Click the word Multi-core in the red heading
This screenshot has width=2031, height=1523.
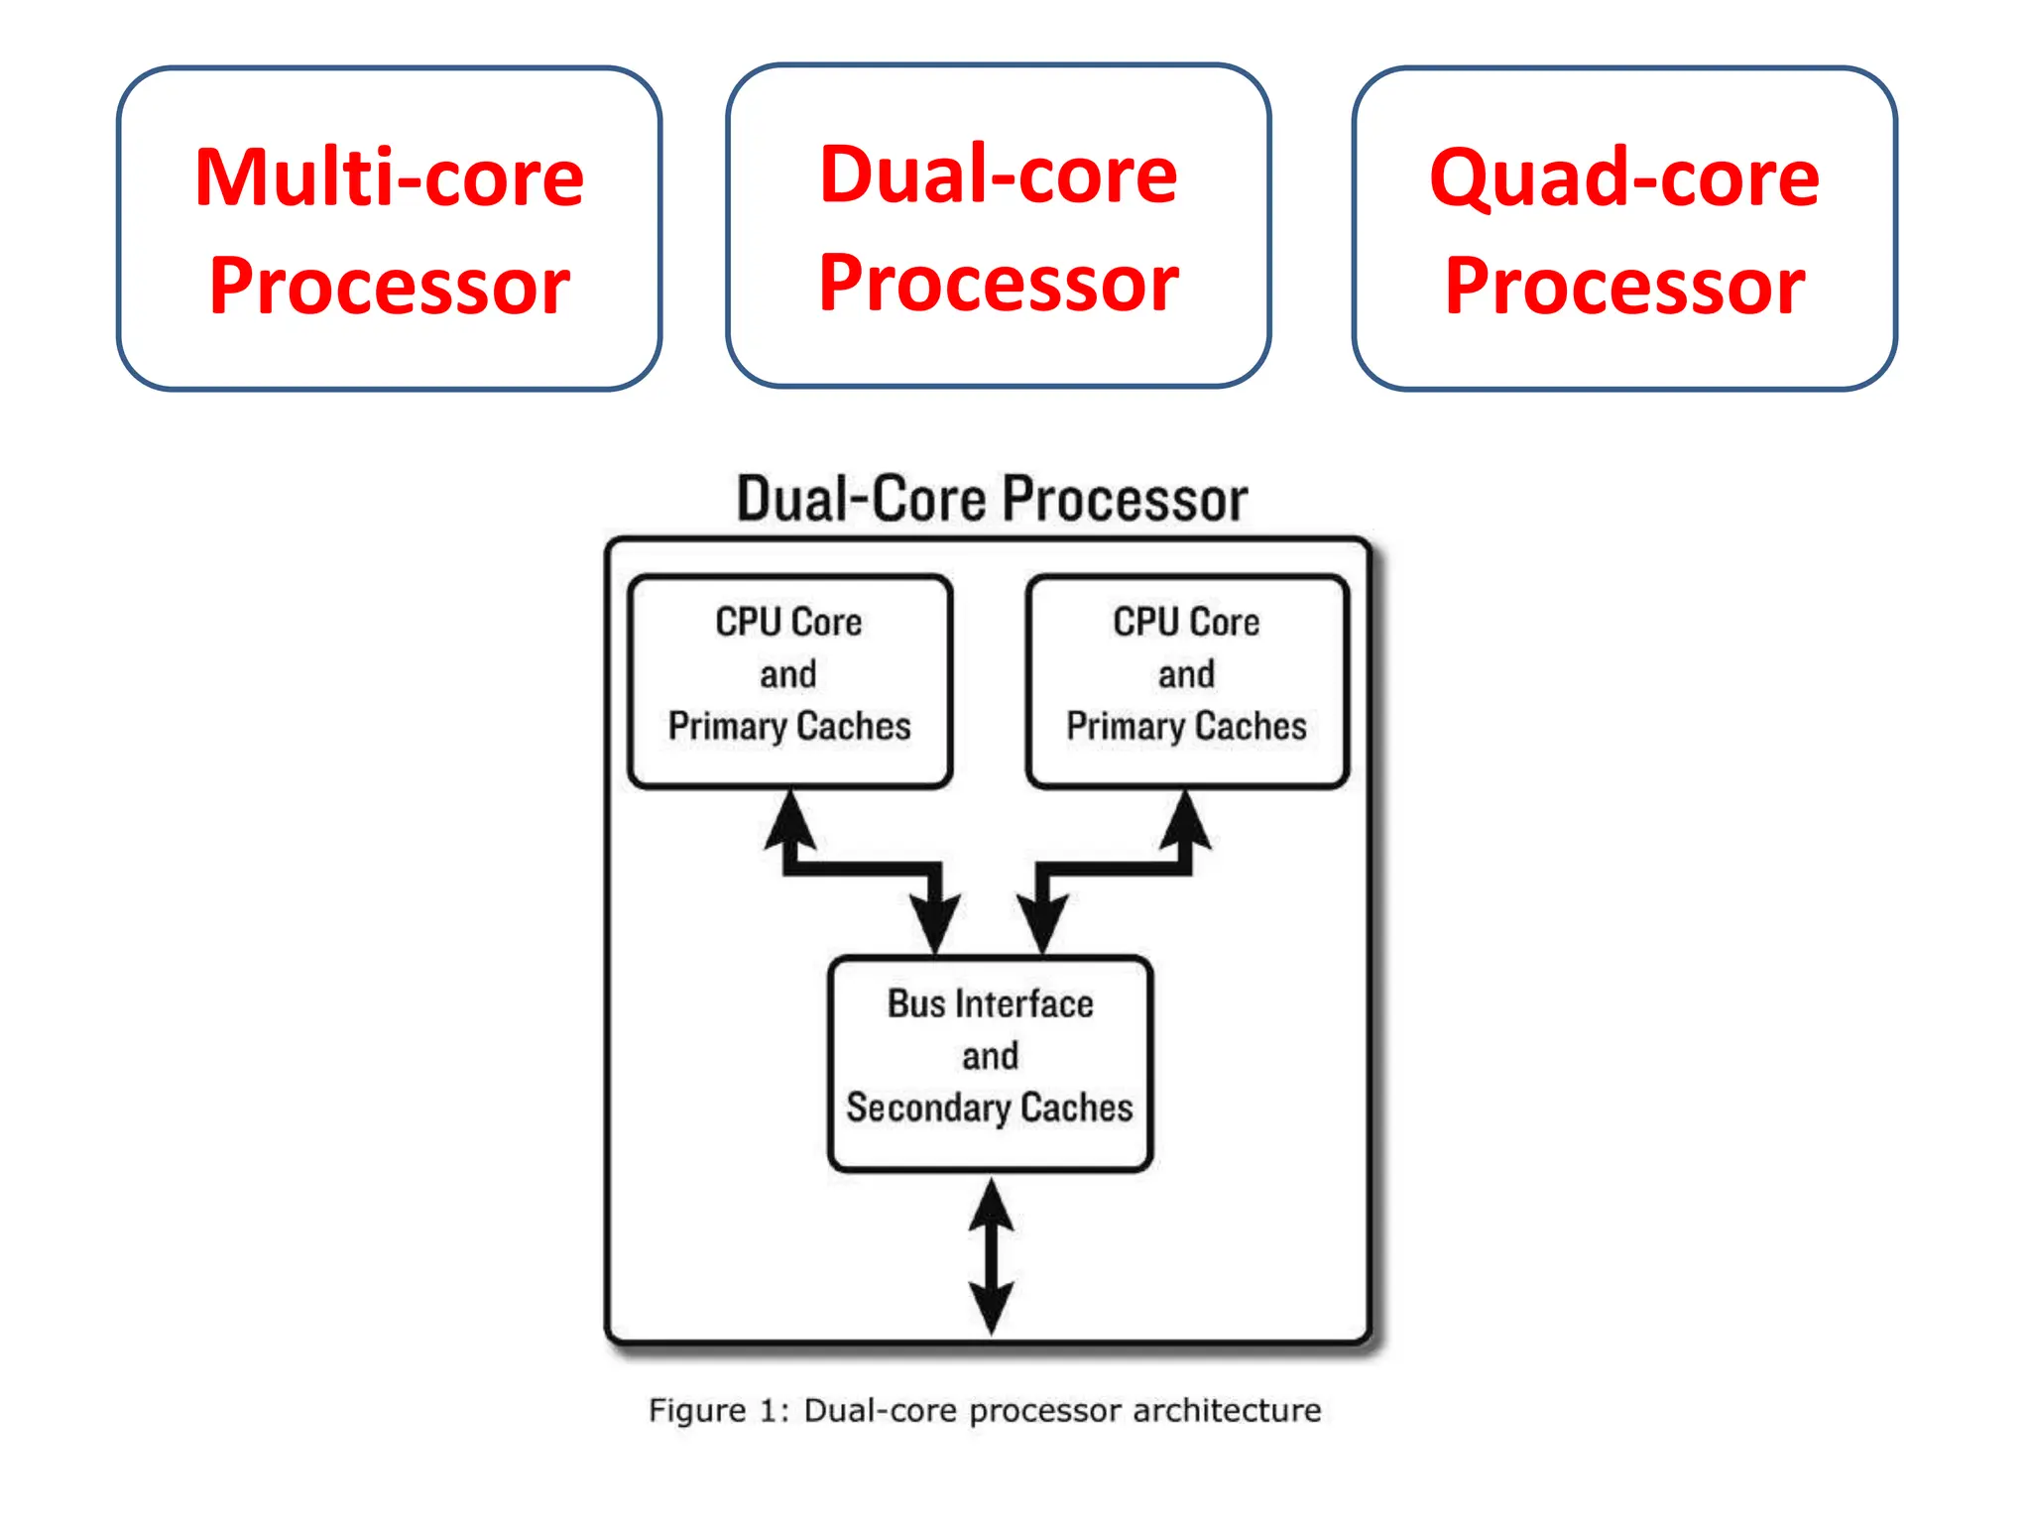(389, 178)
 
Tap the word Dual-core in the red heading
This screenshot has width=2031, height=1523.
(998, 176)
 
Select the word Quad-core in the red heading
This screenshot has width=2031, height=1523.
(1623, 178)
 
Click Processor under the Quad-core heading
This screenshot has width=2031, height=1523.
(1623, 287)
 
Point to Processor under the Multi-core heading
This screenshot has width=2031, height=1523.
(389, 287)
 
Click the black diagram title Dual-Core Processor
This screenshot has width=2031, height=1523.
(991, 499)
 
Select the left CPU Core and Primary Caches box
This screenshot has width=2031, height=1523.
(789, 681)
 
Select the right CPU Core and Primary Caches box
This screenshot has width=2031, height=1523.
(1186, 681)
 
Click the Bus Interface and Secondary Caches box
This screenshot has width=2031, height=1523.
(990, 1063)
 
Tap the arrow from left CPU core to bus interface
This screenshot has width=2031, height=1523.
(863, 869)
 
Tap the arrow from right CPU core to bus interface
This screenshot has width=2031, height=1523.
(1116, 869)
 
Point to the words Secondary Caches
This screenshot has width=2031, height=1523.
(989, 1108)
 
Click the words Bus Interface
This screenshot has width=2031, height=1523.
(990, 1003)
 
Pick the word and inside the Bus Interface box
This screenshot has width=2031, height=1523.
(990, 1056)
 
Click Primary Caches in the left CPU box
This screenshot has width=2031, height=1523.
(789, 726)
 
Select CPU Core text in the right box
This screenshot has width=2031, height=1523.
(1186, 623)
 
